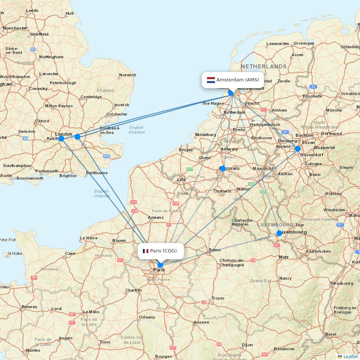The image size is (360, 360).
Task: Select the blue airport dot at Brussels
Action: click(x=222, y=168)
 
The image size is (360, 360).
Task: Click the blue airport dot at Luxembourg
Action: click(x=279, y=233)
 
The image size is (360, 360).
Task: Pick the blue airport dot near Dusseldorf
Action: click(x=297, y=148)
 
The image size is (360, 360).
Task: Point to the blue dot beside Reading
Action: click(x=61, y=139)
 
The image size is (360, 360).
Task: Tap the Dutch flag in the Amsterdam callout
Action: click(x=211, y=80)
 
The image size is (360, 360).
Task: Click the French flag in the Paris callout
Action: click(x=145, y=251)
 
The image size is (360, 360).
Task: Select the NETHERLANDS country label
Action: click(x=264, y=67)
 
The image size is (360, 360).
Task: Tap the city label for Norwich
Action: click(x=128, y=75)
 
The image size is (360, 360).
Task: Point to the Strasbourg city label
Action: click(x=342, y=283)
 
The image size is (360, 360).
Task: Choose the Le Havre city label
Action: click(x=89, y=238)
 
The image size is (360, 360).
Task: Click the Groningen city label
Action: click(x=303, y=43)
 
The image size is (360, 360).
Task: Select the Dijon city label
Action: click(x=247, y=345)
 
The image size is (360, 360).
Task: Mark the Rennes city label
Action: click(x=29, y=307)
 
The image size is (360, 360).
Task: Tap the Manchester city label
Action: click(x=15, y=28)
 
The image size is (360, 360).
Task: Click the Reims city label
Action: click(x=215, y=250)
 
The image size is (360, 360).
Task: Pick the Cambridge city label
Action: click(x=91, y=97)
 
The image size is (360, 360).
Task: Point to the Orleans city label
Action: click(x=147, y=317)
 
